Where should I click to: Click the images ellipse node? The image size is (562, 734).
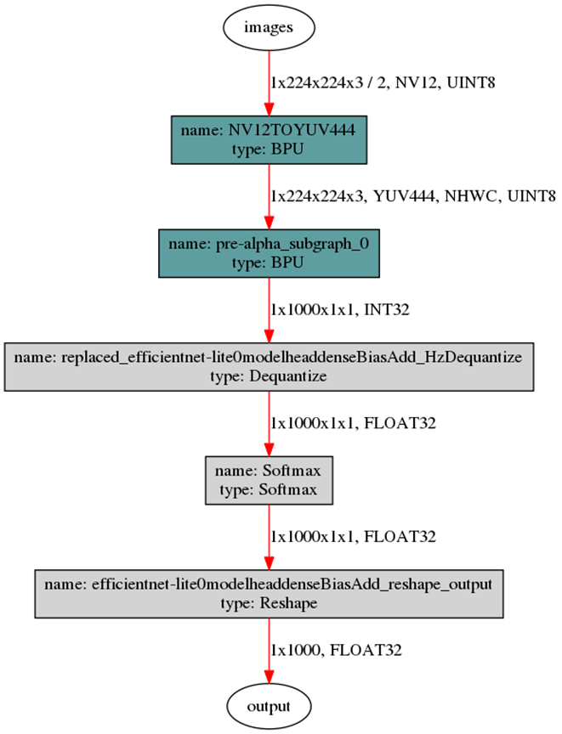(x=269, y=27)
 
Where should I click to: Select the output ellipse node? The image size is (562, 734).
(x=269, y=706)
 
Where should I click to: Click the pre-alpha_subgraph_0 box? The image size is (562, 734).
(x=269, y=252)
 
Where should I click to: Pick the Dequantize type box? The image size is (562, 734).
(x=269, y=367)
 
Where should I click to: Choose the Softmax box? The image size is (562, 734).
(x=269, y=481)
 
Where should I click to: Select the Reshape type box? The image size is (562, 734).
(x=269, y=594)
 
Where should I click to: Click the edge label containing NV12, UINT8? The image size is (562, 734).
(x=383, y=83)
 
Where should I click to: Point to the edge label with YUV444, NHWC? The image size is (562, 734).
(x=412, y=197)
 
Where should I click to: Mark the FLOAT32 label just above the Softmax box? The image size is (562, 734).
(x=353, y=423)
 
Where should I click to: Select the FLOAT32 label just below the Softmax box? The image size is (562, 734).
(x=353, y=537)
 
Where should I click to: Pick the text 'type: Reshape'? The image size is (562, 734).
(x=269, y=602)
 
